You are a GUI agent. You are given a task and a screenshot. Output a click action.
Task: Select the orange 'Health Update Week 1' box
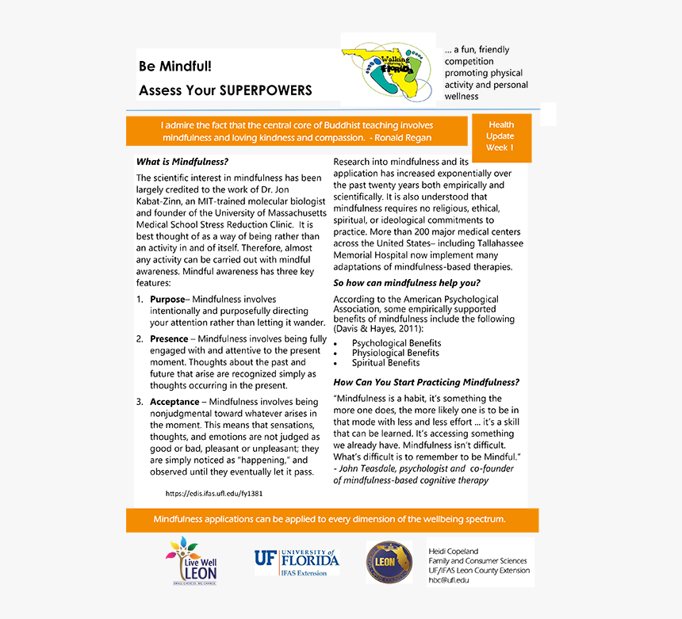tap(500, 136)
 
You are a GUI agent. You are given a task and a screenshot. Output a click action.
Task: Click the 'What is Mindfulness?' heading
tap(182, 162)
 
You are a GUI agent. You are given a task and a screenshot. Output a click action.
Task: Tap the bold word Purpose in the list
tap(167, 299)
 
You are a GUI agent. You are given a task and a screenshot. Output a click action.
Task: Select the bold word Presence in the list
tap(169, 338)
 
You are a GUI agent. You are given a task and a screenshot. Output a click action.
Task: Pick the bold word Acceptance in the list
tap(174, 402)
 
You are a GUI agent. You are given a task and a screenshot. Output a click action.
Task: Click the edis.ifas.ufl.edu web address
tap(214, 493)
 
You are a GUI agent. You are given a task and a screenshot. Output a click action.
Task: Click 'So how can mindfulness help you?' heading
tap(406, 283)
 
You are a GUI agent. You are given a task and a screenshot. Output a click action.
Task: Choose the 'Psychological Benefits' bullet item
tap(397, 343)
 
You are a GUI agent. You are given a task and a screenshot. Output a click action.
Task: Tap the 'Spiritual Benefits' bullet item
tap(385, 362)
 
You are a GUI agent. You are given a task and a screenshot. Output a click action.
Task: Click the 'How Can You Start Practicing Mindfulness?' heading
tap(426, 382)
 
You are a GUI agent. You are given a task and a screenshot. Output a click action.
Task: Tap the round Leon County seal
tap(389, 563)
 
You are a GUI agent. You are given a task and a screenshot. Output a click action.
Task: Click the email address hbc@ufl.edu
tap(449, 580)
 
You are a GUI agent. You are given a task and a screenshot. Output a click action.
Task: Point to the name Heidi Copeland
tap(453, 551)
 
